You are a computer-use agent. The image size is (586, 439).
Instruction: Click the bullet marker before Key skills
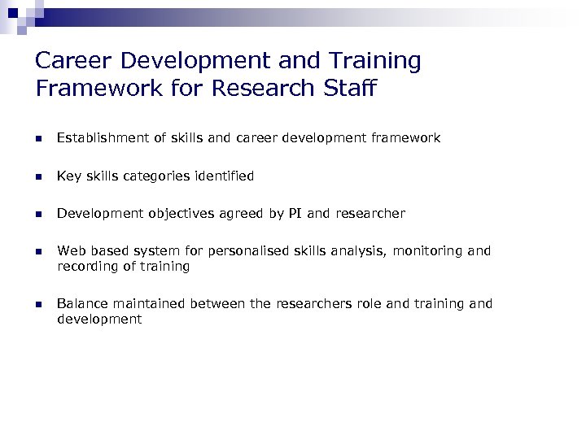click(x=37, y=176)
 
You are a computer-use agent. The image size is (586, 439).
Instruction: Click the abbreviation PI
click(x=295, y=214)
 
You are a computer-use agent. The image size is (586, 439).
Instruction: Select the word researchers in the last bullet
click(x=313, y=304)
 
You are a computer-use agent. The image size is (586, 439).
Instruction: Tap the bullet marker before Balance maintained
click(x=37, y=305)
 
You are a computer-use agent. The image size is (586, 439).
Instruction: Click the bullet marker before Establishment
click(x=37, y=139)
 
